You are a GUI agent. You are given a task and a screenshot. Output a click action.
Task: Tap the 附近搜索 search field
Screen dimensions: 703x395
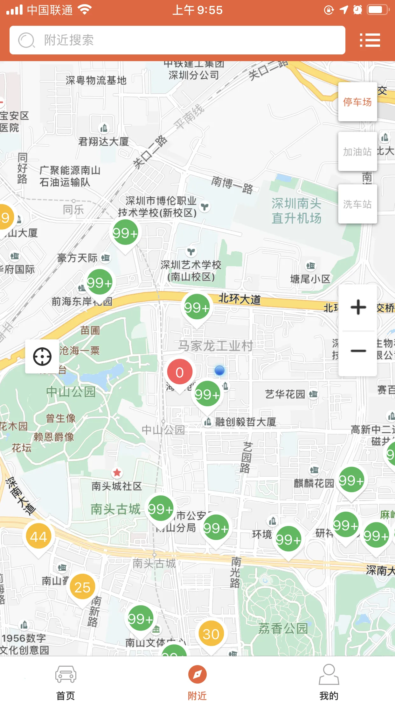[x=177, y=40]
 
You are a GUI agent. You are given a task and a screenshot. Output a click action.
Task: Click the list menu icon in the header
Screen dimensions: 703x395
[x=370, y=40]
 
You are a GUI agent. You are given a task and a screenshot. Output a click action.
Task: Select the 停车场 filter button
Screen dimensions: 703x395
[x=357, y=102]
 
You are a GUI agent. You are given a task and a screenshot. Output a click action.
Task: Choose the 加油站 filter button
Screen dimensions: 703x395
[x=357, y=152]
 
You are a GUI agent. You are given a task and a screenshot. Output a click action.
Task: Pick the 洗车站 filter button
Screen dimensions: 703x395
[x=357, y=204]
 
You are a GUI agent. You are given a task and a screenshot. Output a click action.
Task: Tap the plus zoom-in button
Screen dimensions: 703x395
[x=358, y=307]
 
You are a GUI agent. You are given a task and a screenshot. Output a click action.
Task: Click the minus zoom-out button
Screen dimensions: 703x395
[x=358, y=351]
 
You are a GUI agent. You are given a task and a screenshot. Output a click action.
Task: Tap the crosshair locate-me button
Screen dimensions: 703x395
[x=42, y=357]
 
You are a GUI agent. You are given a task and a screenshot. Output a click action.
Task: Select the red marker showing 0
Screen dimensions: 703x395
[x=180, y=373]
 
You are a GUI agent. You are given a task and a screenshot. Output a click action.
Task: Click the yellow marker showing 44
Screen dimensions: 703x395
[x=38, y=537]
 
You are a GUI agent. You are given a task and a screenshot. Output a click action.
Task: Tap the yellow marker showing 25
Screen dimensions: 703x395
[x=82, y=587]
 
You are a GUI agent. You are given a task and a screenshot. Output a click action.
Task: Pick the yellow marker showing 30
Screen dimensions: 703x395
[x=211, y=634]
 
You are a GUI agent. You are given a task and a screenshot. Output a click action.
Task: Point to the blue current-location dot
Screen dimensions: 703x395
[x=219, y=370]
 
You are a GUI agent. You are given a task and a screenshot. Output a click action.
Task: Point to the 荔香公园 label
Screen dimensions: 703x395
[x=283, y=628]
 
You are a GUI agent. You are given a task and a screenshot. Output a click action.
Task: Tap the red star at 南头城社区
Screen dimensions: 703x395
[x=117, y=472]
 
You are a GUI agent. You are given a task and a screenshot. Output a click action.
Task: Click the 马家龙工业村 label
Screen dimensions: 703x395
[x=215, y=346]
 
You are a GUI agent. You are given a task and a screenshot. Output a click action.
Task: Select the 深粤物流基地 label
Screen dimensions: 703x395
[x=96, y=81]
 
